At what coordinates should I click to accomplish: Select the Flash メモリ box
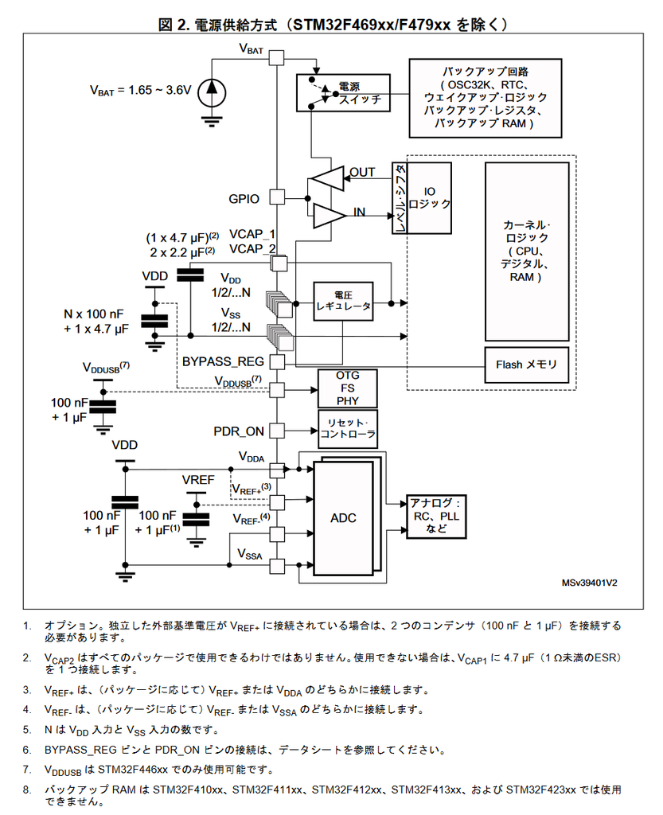527,365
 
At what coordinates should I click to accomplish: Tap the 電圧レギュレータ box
343,301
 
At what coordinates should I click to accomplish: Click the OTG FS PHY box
347,388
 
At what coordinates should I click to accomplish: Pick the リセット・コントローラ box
347,430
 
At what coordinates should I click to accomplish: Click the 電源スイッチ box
343,93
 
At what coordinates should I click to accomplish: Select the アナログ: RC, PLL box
436,516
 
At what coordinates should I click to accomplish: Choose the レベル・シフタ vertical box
400,199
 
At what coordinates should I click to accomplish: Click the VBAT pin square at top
277,57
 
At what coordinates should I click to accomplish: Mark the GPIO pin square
277,197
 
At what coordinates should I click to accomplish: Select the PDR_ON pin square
277,431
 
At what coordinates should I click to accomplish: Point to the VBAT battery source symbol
211,90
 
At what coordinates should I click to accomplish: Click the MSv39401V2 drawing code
590,583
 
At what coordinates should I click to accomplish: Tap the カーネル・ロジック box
527,251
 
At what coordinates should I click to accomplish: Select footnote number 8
26,790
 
